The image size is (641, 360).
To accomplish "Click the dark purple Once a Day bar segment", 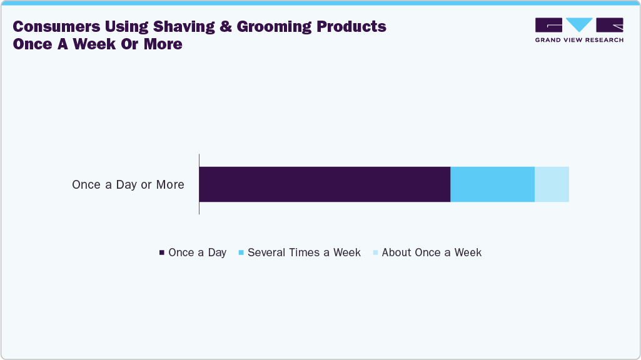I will click(x=325, y=184).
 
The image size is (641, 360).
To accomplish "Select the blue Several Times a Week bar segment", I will click(x=492, y=184).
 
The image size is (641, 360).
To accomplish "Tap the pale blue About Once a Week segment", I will click(x=552, y=184).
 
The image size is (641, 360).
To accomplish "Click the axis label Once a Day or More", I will click(x=128, y=185).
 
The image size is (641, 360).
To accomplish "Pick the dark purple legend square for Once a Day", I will click(x=161, y=253).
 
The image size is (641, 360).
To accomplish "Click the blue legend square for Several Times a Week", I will click(x=241, y=253).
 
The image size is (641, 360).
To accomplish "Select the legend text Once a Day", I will click(x=197, y=252).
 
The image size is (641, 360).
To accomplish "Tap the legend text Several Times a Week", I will click(x=304, y=252).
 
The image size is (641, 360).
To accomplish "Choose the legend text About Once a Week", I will click(x=432, y=252).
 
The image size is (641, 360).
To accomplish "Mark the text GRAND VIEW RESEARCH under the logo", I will click(x=579, y=40).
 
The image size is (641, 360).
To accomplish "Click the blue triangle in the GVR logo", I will click(x=579, y=24).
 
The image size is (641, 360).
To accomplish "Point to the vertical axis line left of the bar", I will click(x=199, y=184).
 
